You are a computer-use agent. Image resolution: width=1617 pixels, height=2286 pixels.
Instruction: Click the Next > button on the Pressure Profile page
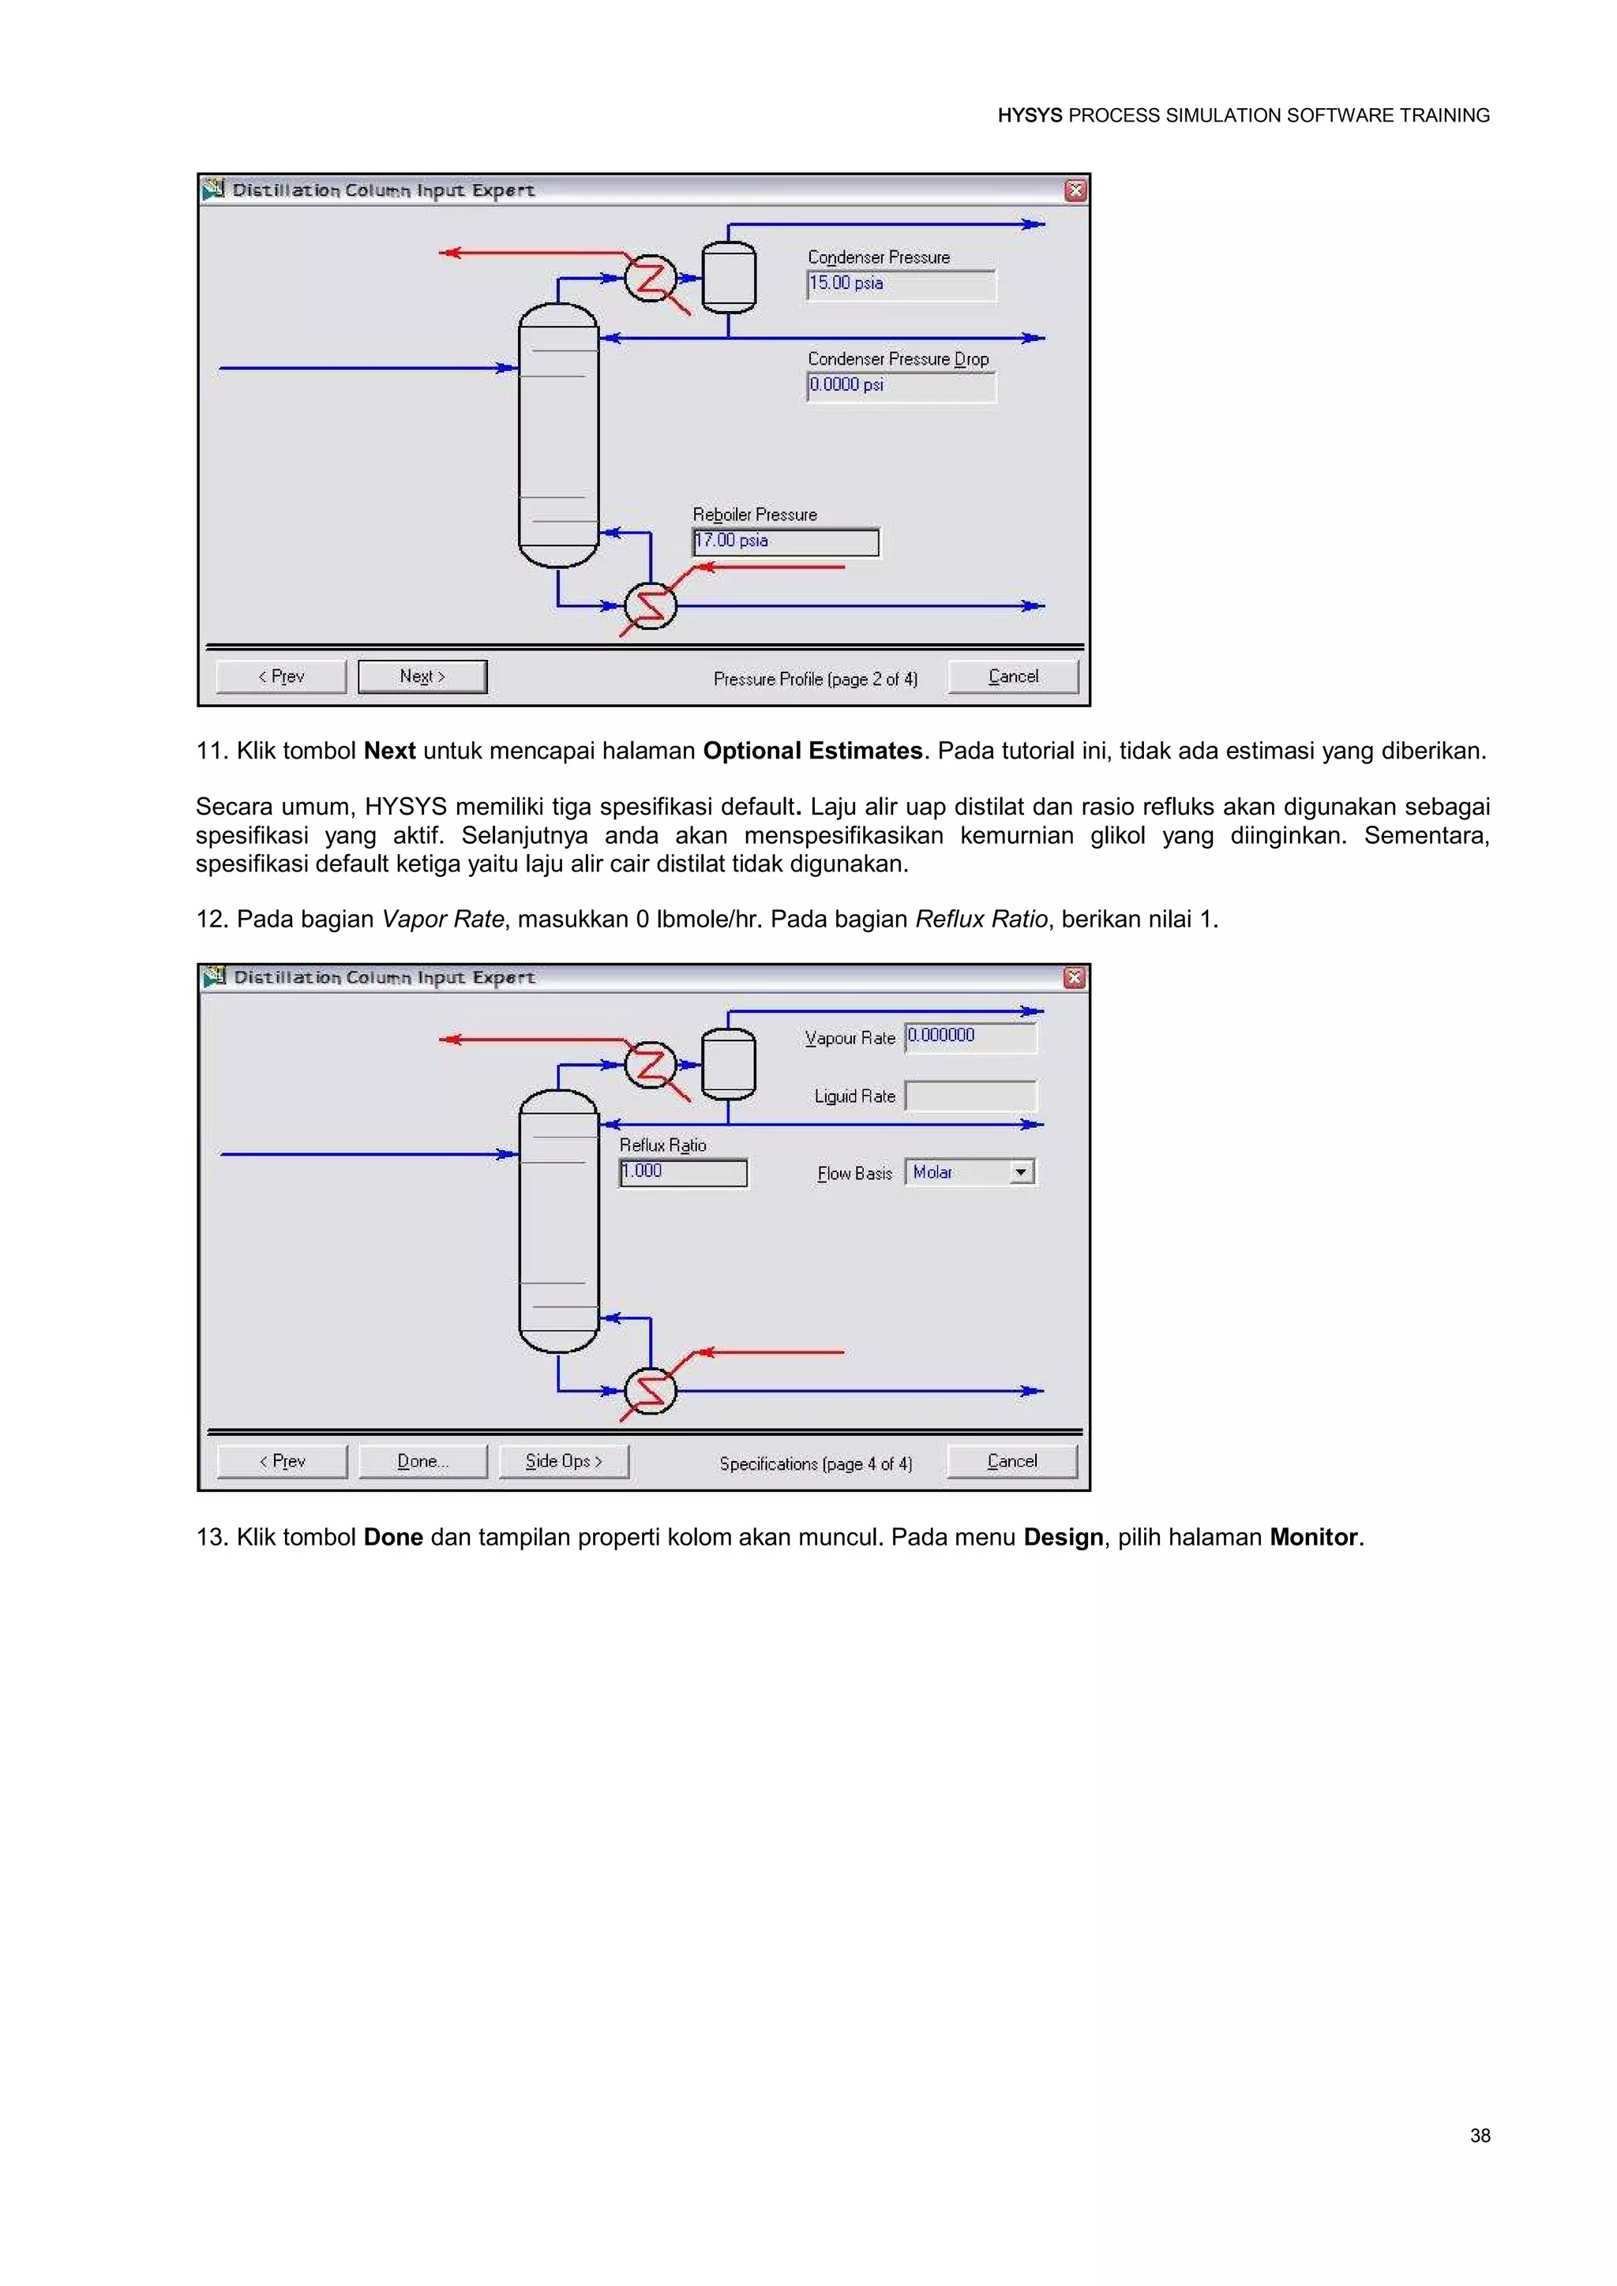tap(422, 676)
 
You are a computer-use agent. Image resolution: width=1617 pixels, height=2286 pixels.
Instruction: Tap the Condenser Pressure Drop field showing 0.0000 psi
tap(900, 385)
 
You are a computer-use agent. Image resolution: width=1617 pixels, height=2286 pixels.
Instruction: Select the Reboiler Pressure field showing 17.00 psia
tap(785, 542)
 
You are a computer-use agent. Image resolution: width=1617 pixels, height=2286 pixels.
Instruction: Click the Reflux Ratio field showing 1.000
tap(683, 1172)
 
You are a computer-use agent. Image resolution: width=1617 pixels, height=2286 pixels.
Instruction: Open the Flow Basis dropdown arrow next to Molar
tap(1022, 1172)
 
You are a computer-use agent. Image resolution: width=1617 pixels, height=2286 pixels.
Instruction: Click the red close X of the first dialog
tap(1075, 190)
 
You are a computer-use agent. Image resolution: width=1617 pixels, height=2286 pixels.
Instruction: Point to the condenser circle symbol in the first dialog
tap(650, 278)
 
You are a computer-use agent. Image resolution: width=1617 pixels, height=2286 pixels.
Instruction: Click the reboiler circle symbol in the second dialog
tap(650, 1391)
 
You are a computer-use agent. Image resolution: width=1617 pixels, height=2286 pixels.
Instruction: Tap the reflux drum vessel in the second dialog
tap(729, 1063)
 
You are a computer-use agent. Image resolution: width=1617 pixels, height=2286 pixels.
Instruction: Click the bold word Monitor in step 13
tap(1313, 1537)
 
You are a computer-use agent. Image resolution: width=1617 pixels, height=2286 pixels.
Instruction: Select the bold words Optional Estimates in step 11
tap(812, 751)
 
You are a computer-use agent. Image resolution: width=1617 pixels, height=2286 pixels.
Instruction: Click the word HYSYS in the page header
tap(1030, 115)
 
